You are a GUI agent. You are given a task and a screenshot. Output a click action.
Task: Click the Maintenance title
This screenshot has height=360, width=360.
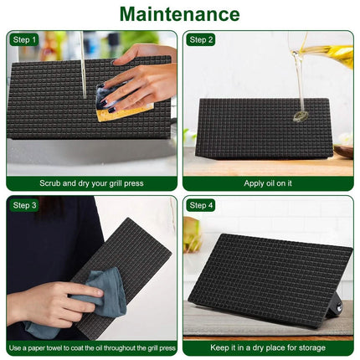(x=180, y=13)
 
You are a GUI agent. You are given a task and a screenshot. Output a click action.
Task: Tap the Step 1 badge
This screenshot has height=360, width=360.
(x=24, y=40)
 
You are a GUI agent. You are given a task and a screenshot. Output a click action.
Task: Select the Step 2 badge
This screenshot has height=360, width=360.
(x=201, y=40)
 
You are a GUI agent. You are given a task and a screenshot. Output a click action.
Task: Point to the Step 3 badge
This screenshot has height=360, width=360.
(x=24, y=205)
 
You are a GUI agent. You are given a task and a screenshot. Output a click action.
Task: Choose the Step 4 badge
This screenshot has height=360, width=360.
(x=201, y=205)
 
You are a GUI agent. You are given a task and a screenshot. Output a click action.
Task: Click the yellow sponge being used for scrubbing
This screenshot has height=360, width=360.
(x=124, y=111)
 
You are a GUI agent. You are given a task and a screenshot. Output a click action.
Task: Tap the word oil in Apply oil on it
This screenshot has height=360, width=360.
(x=270, y=183)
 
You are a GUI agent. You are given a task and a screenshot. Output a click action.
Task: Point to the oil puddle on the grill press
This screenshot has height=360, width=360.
(x=301, y=116)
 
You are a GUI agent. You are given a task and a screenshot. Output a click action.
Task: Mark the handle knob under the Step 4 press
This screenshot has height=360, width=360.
(x=338, y=307)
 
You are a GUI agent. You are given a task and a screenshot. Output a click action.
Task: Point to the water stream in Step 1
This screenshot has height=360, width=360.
(x=83, y=64)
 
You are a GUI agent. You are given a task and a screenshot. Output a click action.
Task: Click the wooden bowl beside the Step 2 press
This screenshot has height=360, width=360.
(x=343, y=152)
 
